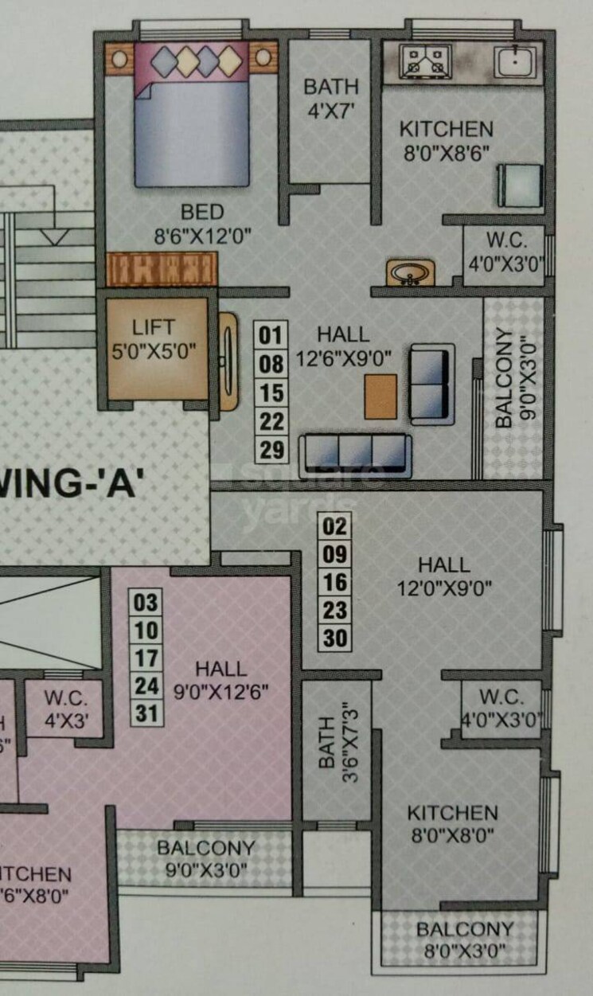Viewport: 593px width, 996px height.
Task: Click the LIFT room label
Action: pos(154,327)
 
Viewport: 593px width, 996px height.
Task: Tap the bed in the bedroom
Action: pos(192,115)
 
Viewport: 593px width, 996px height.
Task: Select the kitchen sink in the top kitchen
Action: pos(513,61)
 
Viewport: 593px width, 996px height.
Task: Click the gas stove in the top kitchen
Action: pos(427,61)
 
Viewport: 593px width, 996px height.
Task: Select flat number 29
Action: pos(271,450)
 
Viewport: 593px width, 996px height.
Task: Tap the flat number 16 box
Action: pos(336,582)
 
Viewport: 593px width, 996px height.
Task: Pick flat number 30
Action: pos(336,639)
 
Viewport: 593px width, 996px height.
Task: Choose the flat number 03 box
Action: pos(146,602)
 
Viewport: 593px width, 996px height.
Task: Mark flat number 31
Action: pos(146,713)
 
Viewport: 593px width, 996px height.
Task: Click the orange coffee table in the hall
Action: pos(380,396)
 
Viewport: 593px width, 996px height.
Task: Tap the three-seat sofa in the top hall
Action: pos(355,454)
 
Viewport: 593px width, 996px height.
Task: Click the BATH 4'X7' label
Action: pos(331,96)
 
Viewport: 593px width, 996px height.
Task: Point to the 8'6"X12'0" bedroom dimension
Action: pos(202,236)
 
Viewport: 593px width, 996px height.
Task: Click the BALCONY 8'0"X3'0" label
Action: pos(465,939)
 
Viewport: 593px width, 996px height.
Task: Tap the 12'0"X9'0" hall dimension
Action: pos(444,589)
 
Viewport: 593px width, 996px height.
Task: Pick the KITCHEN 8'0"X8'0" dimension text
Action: pos(451,836)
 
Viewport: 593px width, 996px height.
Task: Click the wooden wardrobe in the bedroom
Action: pos(162,268)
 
